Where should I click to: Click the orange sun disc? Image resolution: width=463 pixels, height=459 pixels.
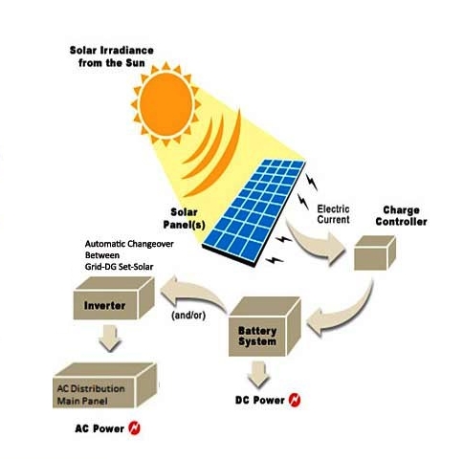click(x=165, y=104)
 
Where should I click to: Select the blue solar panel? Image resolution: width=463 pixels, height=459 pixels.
click(x=254, y=213)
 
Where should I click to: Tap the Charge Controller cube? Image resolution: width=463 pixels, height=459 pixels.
click(x=375, y=252)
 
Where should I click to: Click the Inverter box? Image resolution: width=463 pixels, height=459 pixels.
click(x=114, y=298)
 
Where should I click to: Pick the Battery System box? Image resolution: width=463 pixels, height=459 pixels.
click(x=265, y=327)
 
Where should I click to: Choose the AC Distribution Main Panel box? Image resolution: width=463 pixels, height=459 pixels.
click(x=104, y=385)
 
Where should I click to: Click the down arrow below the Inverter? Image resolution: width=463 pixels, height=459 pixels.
click(x=110, y=338)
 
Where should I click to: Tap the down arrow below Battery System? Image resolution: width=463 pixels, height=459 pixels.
click(x=258, y=374)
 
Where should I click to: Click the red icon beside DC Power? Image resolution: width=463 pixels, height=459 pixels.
click(x=295, y=400)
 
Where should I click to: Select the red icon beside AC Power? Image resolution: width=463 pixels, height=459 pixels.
click(x=134, y=428)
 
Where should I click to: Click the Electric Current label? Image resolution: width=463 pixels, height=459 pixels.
click(x=334, y=214)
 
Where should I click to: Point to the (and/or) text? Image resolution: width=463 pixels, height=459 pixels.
click(x=188, y=316)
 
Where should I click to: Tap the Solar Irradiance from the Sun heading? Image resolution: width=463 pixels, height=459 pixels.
click(x=112, y=56)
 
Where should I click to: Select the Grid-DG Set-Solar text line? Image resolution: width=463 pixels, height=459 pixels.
click(x=119, y=267)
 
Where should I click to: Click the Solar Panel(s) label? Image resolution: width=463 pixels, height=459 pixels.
click(x=184, y=219)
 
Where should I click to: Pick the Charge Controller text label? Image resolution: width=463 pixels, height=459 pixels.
click(x=401, y=216)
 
